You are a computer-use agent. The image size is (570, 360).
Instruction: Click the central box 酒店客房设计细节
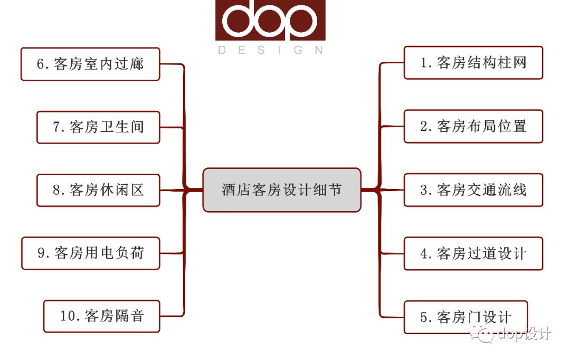coord(282,190)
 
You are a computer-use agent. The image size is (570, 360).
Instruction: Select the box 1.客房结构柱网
coord(473,63)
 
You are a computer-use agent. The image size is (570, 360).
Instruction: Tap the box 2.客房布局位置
coord(473,126)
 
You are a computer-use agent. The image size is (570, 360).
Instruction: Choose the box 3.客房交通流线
coord(473,190)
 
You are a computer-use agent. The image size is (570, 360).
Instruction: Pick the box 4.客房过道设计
coord(473,253)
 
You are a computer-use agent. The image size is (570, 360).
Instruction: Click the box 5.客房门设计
coord(465,317)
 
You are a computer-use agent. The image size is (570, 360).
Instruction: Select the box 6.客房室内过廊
coord(90,64)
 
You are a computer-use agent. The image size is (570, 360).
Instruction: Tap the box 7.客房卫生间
coord(98,127)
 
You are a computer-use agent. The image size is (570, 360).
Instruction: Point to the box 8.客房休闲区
coord(98,190)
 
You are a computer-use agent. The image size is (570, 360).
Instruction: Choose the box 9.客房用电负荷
coord(90,253)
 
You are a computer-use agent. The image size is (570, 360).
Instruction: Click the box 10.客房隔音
coord(101,316)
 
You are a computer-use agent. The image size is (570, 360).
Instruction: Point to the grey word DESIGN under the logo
coord(270,50)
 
